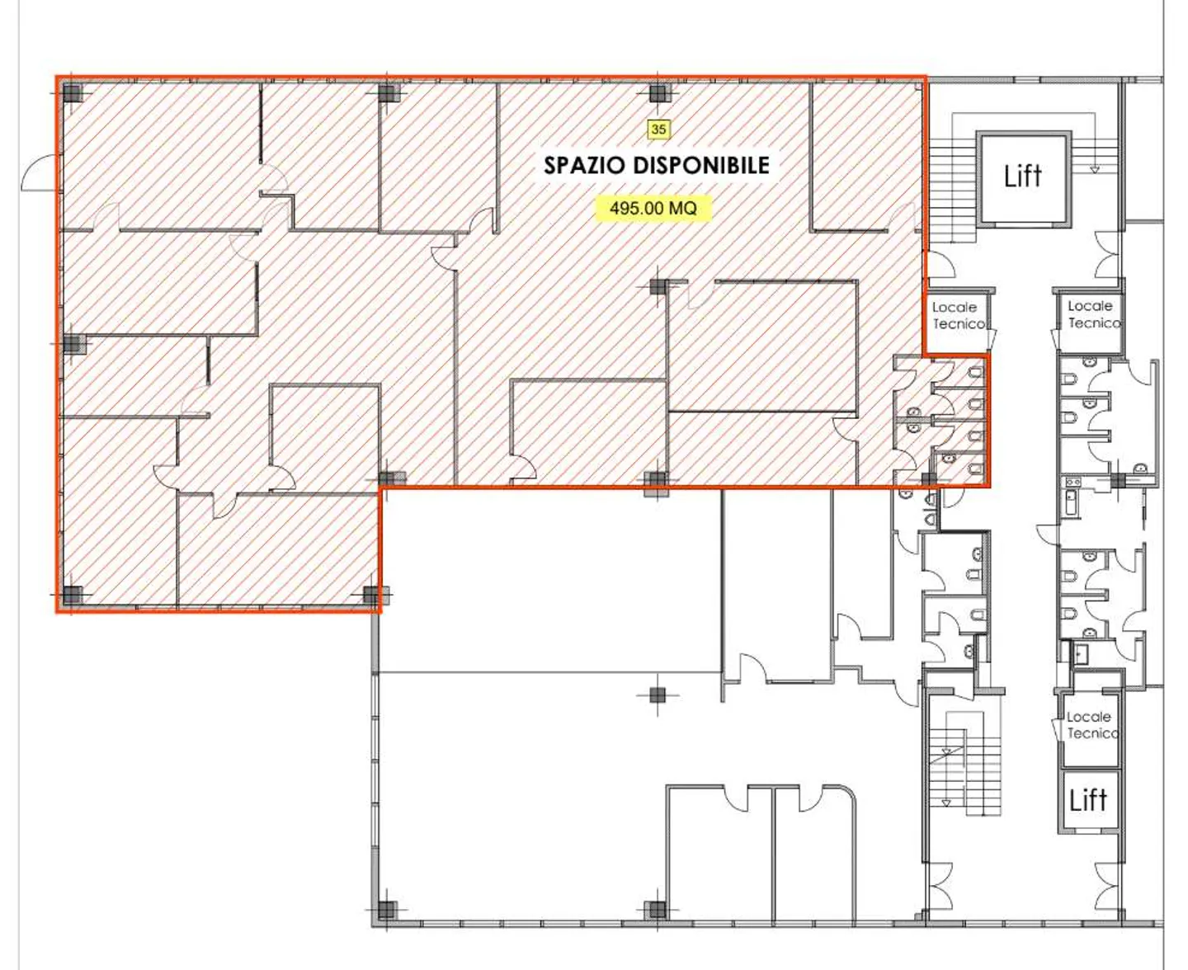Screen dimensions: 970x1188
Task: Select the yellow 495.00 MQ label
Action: coord(653,208)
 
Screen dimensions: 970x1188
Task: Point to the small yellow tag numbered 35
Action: coord(658,129)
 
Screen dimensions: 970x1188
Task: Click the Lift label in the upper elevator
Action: coord(1022,176)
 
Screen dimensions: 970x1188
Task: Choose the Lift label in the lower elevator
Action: coord(1087,799)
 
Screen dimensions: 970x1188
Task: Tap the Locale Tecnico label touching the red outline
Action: coord(958,315)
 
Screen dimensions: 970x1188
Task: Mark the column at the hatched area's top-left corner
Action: coord(73,92)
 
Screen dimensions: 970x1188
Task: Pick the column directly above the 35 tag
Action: coord(658,92)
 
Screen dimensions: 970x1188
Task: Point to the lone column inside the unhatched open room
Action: coord(657,695)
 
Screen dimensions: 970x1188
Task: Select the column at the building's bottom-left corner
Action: coord(386,910)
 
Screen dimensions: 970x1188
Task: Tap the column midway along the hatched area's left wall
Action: coord(73,344)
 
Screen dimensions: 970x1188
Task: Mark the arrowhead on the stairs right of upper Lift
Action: coord(1095,169)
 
